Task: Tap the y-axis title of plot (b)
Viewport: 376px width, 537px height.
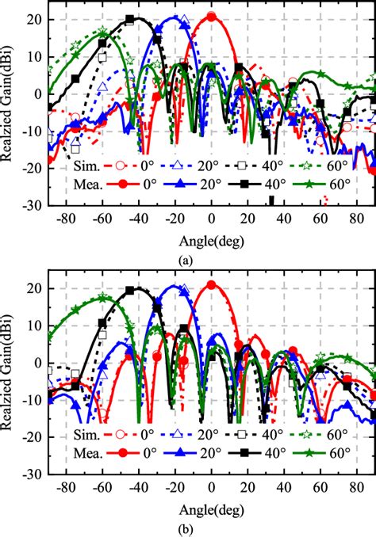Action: (10, 376)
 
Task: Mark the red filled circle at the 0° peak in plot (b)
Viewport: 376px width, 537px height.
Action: (211, 284)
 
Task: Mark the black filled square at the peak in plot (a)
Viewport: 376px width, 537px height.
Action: (130, 19)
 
